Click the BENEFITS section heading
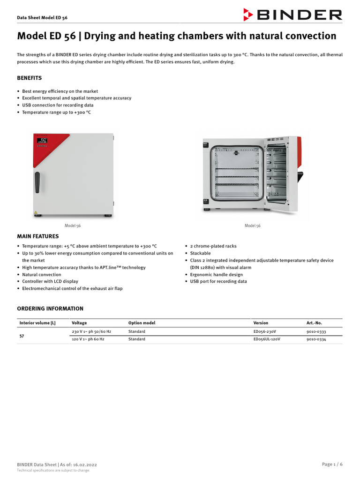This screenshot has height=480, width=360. coord(30,78)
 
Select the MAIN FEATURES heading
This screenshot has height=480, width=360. coord(38,236)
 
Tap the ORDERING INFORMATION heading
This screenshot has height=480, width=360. coord(50,308)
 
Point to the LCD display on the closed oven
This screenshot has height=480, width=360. coord(42,140)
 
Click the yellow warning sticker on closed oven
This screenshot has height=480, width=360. coord(36,213)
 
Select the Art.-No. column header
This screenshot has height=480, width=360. coord(314,323)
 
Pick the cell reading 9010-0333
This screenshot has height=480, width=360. coord(316,331)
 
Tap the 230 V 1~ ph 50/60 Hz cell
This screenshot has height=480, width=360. coord(91,331)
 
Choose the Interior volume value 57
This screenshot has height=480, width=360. coord(22,336)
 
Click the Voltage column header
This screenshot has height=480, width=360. coord(79,323)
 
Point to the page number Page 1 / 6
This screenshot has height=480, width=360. coord(332,464)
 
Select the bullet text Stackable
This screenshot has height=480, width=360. coord(200,253)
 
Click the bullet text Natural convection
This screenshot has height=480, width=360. coord(42,274)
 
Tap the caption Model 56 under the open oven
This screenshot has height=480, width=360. coord(252,225)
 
